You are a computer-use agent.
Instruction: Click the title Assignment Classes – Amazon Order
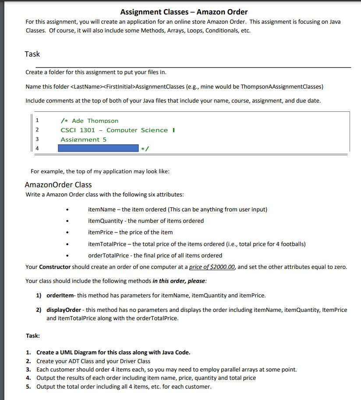(x=184, y=12)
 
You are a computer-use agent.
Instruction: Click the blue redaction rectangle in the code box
(x=98, y=148)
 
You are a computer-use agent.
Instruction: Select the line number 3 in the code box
(x=37, y=139)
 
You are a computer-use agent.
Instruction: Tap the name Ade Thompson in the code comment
(x=95, y=121)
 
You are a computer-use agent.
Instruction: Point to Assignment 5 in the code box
(x=83, y=139)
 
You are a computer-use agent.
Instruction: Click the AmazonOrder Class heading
(x=58, y=184)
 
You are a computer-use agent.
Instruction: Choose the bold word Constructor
(x=55, y=267)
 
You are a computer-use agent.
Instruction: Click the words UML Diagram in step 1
(x=78, y=353)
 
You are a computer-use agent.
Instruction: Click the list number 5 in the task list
(x=28, y=386)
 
